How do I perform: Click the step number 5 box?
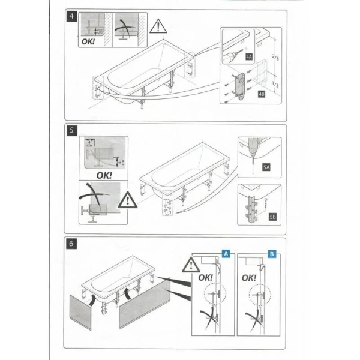(x=71, y=130)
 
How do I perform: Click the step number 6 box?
(x=71, y=244)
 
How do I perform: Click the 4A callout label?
(x=248, y=56)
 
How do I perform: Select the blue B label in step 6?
(x=272, y=254)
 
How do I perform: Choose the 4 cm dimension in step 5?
(x=88, y=144)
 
